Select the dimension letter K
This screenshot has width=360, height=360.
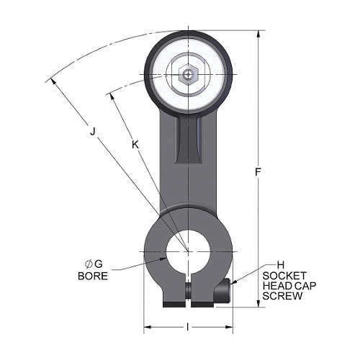tap(135, 145)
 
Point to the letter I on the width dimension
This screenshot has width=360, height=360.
tap(189, 328)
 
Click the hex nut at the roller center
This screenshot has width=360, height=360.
tap(187, 73)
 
